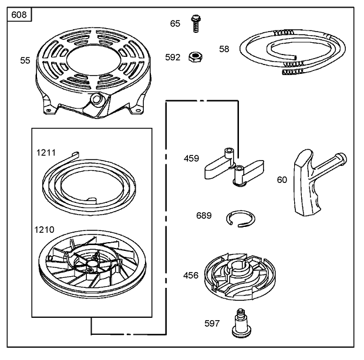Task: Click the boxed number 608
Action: coord(19,14)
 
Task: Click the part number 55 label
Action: coord(25,60)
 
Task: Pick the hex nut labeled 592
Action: coord(194,57)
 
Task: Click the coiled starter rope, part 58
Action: coord(288,53)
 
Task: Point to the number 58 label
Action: coord(224,49)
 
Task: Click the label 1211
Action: coord(46,152)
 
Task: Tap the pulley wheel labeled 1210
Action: coord(88,264)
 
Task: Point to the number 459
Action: coord(191,158)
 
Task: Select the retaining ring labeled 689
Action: coord(241,218)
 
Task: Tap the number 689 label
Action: coord(204,215)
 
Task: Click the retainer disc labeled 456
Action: coord(241,274)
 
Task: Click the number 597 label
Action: coord(212,323)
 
